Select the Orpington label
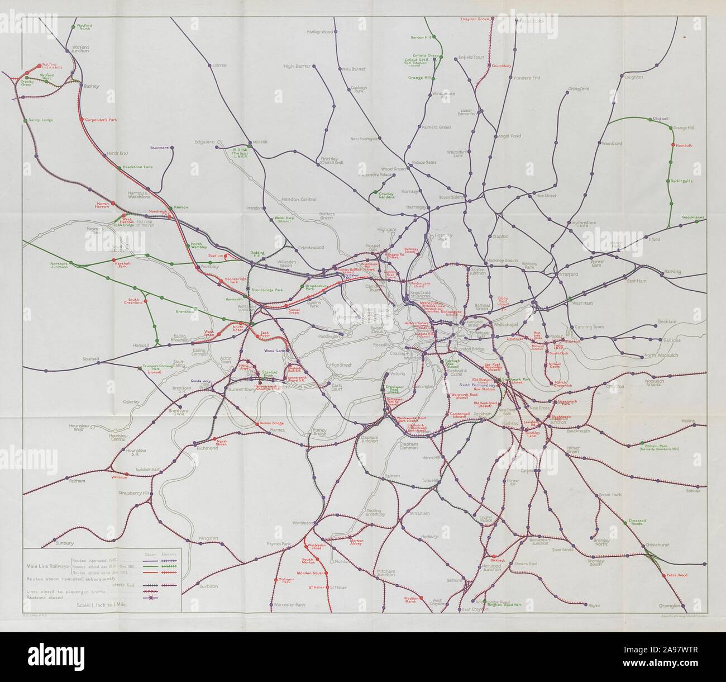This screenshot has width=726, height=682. click(670, 605)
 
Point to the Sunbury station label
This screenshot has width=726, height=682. click(65, 543)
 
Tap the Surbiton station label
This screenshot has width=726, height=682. click(208, 586)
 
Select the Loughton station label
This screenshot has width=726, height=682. click(633, 77)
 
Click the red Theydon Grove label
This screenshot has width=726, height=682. click(475, 19)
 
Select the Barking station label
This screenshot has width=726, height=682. click(672, 272)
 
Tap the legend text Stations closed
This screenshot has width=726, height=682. click(45, 598)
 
